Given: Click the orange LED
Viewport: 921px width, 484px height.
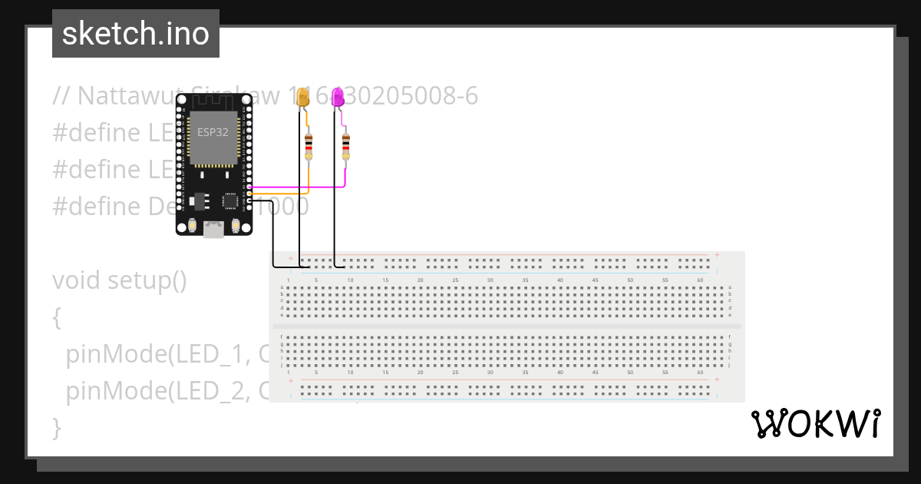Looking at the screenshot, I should coord(303,98).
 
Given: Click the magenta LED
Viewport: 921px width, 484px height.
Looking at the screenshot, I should coord(338,98).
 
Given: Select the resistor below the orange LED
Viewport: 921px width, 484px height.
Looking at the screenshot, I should coord(309,144).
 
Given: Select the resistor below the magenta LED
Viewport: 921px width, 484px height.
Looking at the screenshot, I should coord(345,144).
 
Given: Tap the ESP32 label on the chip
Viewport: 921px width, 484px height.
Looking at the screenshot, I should coord(213,131).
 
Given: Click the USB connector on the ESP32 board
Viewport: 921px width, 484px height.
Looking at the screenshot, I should coord(214,228).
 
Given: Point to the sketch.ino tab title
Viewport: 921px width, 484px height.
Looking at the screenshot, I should coord(136,34).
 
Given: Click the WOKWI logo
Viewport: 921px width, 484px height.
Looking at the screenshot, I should coord(815,423).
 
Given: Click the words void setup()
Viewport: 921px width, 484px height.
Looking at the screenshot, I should coord(120,280).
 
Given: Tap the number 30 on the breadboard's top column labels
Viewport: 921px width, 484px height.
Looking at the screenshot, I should coord(490,280).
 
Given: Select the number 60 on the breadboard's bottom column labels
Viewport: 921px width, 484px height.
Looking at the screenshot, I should coord(700,372).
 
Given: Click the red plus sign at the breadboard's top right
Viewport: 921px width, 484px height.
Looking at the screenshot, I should coord(717,254).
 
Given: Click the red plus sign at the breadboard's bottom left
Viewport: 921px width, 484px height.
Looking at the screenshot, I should coord(290,380).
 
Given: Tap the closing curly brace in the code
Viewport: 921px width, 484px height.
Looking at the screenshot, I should coord(56,426).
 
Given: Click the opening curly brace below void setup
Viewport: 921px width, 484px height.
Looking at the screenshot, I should coord(56,317).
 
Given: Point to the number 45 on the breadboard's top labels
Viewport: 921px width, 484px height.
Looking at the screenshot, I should coord(595,280).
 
